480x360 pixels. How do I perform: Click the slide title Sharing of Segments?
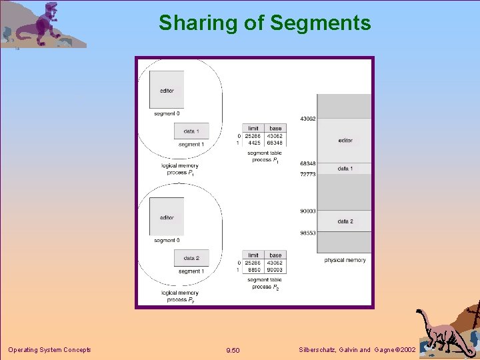(x=265, y=23)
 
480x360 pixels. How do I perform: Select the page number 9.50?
(x=233, y=351)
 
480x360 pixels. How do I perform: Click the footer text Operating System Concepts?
(x=49, y=350)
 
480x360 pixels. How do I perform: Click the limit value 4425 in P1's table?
(x=254, y=143)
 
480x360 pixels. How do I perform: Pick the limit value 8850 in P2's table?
(x=254, y=269)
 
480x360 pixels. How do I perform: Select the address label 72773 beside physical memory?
(x=307, y=174)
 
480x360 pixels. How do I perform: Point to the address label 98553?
(x=307, y=233)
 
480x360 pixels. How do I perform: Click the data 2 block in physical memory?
(x=345, y=221)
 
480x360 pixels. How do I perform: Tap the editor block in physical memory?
(x=345, y=141)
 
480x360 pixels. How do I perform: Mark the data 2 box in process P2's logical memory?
(x=191, y=258)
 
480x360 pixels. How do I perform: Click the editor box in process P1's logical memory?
(x=167, y=91)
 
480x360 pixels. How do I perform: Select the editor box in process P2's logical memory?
(x=167, y=217)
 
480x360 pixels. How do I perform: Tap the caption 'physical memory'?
(x=345, y=260)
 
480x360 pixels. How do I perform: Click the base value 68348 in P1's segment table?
(x=275, y=143)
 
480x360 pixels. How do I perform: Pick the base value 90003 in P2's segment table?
(x=275, y=269)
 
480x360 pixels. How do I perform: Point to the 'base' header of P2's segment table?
(x=275, y=255)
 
